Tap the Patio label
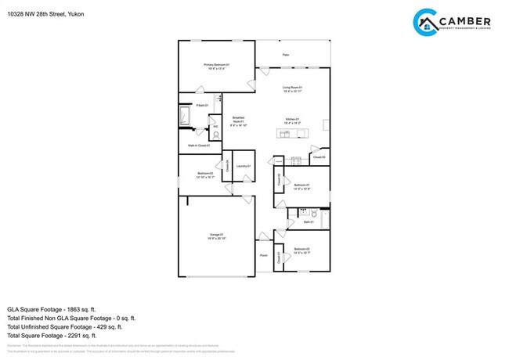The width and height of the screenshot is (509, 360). point(287,55)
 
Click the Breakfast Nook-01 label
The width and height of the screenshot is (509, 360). point(238,120)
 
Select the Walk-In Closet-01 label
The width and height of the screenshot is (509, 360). point(199,146)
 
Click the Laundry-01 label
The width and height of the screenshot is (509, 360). point(243,166)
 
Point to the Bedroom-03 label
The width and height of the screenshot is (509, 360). point(205,173)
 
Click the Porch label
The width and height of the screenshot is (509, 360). point(263,255)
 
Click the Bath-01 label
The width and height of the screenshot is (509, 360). point(308,222)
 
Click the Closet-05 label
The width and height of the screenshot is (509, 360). point(319,157)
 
